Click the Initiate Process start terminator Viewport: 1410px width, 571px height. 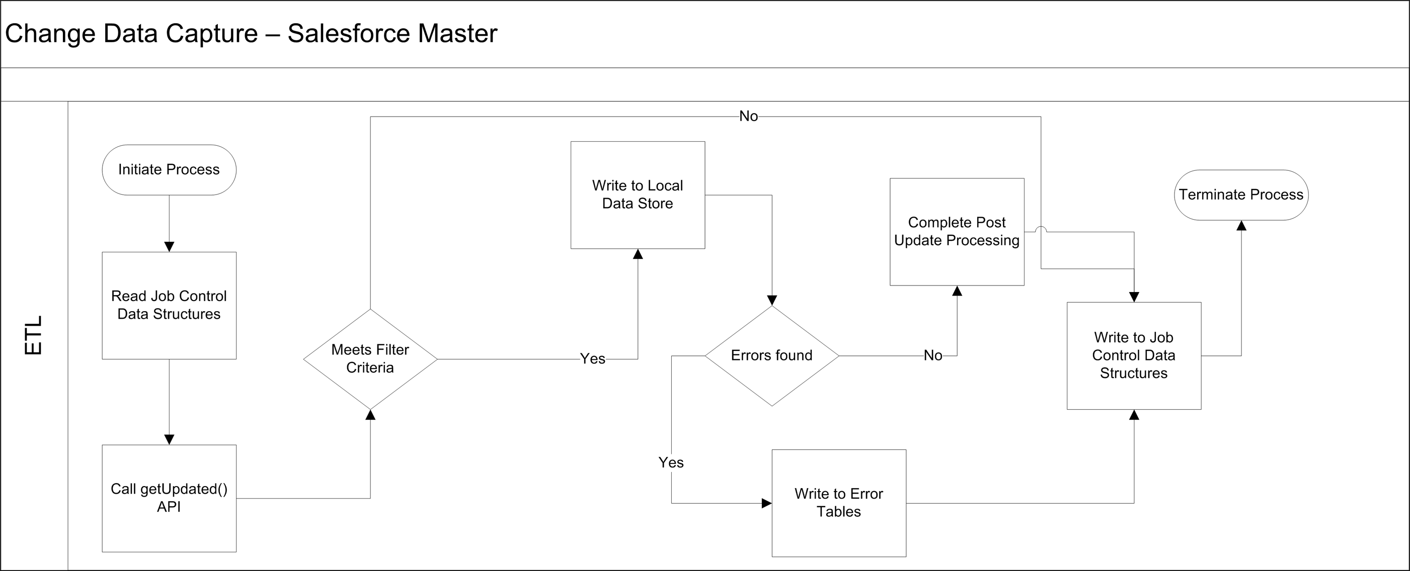click(x=169, y=170)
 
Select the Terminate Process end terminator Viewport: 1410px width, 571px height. click(x=1241, y=195)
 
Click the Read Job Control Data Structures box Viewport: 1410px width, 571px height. click(x=169, y=306)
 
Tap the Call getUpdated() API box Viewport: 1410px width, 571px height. click(x=169, y=498)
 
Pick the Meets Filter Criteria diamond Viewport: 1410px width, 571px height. click(x=370, y=359)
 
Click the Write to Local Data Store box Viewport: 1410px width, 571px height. click(x=638, y=195)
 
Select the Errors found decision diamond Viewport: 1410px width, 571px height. click(x=772, y=355)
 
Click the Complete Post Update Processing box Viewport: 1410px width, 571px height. click(x=957, y=232)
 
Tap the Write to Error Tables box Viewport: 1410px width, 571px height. click(x=839, y=503)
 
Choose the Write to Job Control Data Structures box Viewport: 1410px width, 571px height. click(x=1134, y=355)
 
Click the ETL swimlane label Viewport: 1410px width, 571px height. click(x=34, y=335)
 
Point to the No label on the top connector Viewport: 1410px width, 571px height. click(x=748, y=117)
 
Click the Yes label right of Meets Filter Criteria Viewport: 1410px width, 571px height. click(x=593, y=359)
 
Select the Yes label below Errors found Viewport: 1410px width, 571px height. click(x=671, y=463)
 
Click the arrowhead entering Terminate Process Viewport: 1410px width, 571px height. click(x=1241, y=225)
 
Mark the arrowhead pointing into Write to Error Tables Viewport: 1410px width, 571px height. click(x=767, y=503)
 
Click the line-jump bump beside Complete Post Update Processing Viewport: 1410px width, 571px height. click(x=1041, y=229)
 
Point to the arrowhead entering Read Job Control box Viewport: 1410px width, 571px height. click(x=169, y=247)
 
